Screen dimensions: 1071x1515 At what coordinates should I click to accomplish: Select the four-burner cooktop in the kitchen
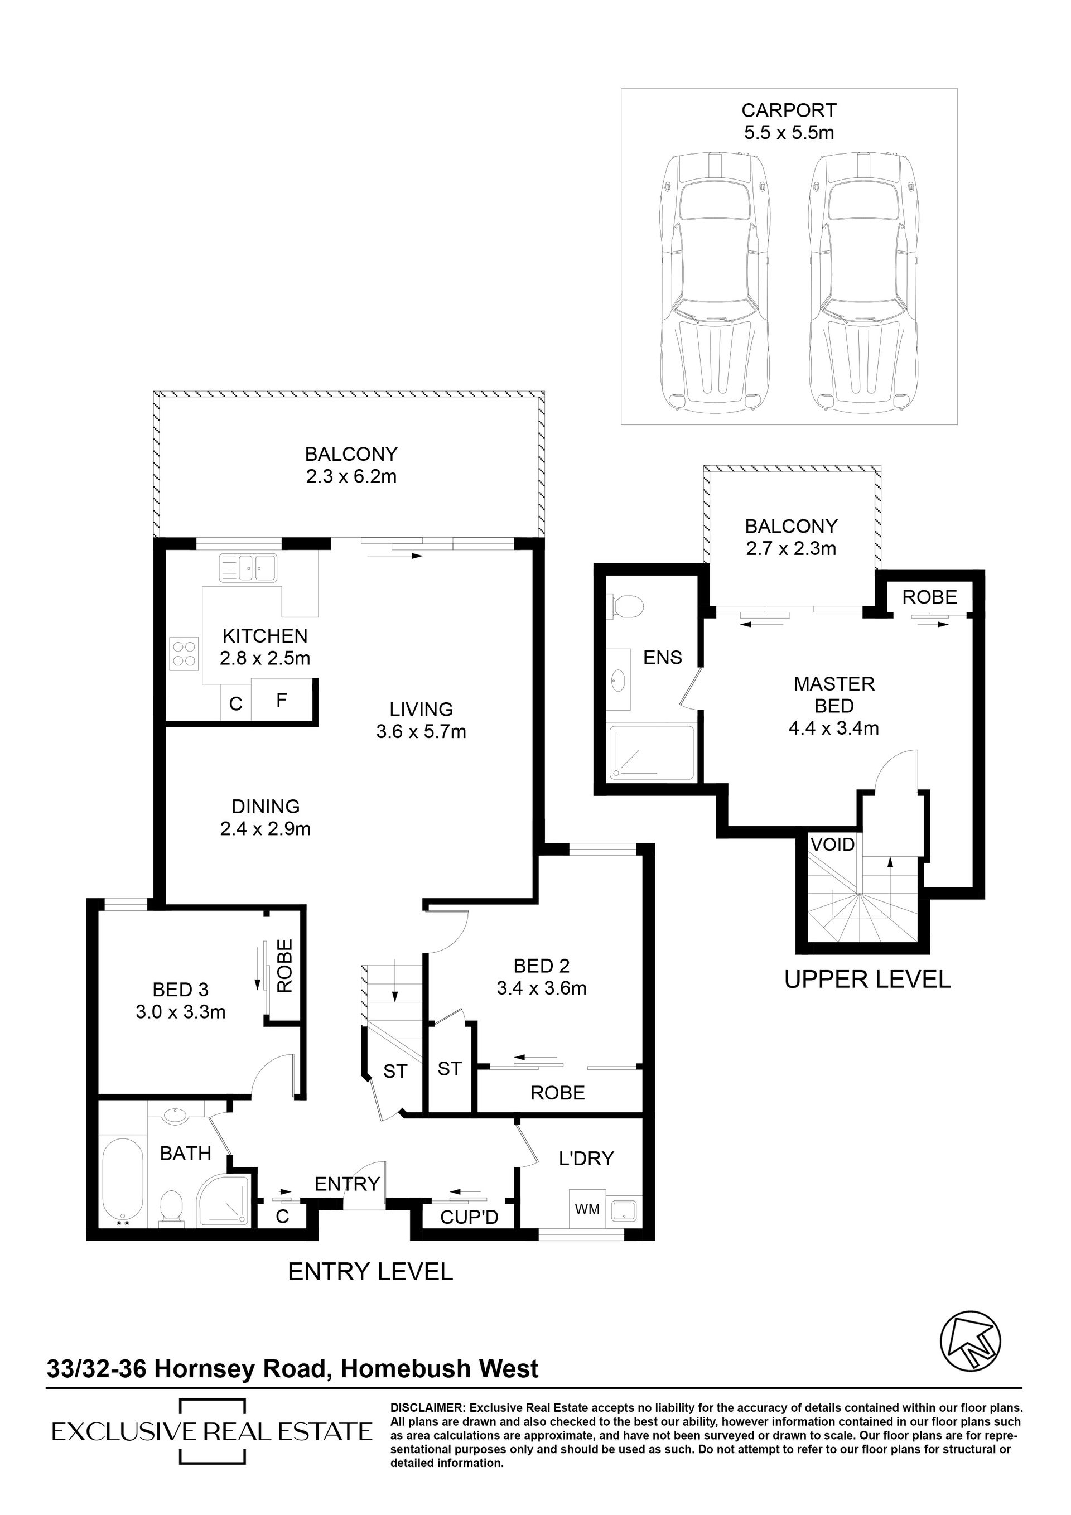185,653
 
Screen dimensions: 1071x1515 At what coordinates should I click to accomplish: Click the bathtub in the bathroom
122,1183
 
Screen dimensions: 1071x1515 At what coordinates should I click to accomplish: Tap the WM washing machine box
587,1209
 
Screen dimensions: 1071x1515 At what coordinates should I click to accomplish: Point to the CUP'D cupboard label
469,1217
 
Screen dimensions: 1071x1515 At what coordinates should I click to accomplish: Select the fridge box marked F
282,700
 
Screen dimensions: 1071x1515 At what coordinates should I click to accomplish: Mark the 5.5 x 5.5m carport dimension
789,132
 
